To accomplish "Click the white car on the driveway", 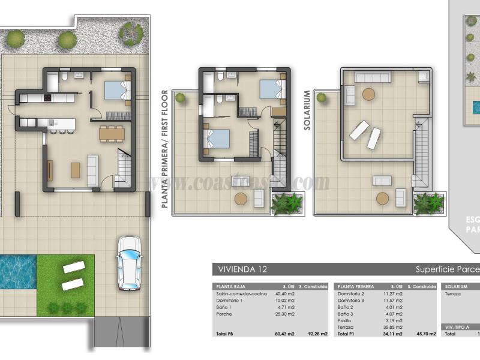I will [130, 263].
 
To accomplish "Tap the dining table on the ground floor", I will [112, 132].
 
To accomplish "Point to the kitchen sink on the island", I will [43, 122].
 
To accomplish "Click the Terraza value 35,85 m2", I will [394, 327].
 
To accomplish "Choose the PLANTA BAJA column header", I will [230, 287].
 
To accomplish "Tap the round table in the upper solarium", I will [367, 94].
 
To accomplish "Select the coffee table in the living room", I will [76, 170].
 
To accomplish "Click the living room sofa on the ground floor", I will [93, 170].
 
